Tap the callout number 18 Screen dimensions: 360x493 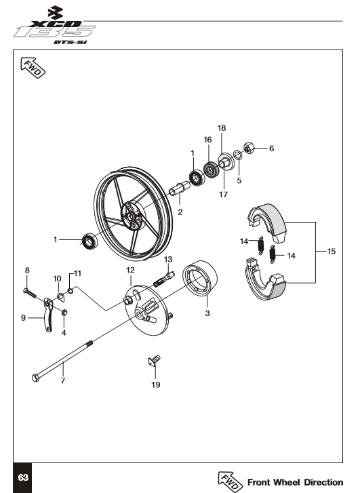[x=222, y=128]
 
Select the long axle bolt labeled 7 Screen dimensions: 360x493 [x=62, y=361]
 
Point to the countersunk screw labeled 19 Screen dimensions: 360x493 [x=154, y=361]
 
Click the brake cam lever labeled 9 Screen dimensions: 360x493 [x=47, y=315]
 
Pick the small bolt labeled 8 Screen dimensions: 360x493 [x=30, y=293]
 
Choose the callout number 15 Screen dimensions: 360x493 [x=332, y=251]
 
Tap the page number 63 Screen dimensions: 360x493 [x=23, y=477]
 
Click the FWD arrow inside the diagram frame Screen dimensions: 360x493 [x=33, y=67]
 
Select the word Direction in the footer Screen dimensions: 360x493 [x=323, y=482]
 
